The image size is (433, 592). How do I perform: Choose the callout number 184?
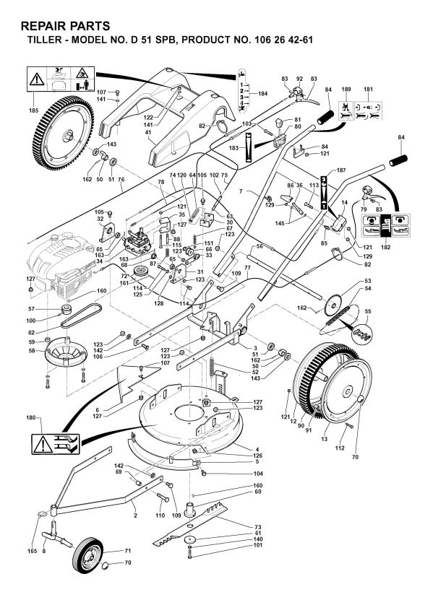(262, 95)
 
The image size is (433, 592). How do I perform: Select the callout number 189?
(346, 88)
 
